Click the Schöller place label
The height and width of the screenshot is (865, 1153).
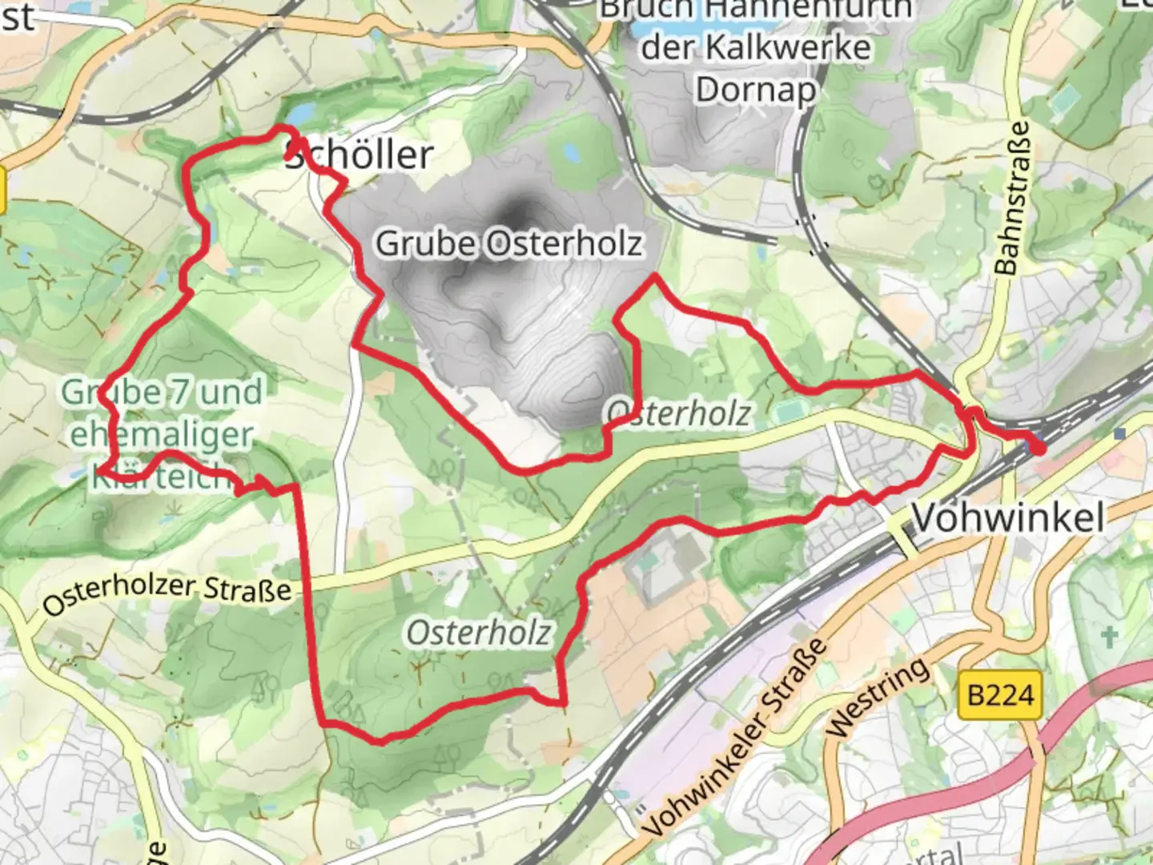click(x=360, y=155)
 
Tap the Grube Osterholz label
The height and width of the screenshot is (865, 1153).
click(x=509, y=243)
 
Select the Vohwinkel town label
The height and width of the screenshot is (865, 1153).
click(x=1008, y=517)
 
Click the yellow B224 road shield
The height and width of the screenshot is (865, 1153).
click(x=1001, y=694)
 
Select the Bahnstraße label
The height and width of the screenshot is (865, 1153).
click(x=1010, y=198)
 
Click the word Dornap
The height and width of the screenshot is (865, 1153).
click(x=755, y=90)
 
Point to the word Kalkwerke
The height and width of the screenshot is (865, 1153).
click(x=755, y=48)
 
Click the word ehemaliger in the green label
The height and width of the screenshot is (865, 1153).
click(x=162, y=434)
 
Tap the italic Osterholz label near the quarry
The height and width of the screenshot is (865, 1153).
click(x=679, y=413)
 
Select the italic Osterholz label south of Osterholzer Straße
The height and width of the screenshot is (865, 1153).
click(x=479, y=633)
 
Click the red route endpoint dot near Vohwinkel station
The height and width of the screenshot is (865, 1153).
click(x=1039, y=448)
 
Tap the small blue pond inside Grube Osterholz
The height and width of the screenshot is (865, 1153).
click(x=571, y=151)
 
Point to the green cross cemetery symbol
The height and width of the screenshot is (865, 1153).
click(x=1109, y=638)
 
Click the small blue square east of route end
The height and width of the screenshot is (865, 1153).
click(x=1119, y=433)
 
